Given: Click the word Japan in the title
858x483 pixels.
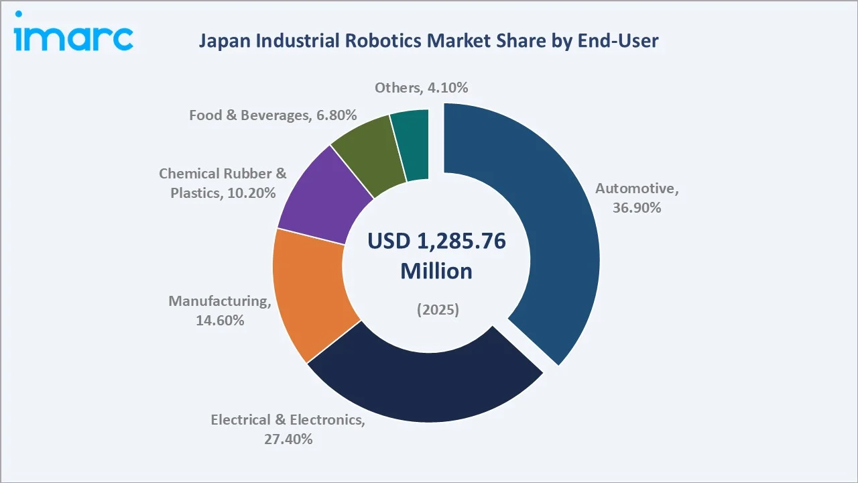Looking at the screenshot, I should [219, 42].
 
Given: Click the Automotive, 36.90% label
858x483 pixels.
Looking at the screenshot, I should [637, 199].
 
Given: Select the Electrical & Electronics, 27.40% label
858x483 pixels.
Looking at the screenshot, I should [288, 429].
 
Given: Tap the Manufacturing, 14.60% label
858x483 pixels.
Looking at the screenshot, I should [219, 311].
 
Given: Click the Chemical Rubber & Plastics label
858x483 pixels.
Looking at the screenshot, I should [223, 183].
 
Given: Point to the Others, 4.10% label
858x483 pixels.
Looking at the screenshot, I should [421, 87].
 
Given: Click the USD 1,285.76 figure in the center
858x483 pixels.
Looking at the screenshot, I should [436, 241].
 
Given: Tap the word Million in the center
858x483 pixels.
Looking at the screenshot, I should [436, 271].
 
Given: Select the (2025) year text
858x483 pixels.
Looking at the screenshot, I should [437, 310].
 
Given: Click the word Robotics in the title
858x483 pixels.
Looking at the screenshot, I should [375, 42].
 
